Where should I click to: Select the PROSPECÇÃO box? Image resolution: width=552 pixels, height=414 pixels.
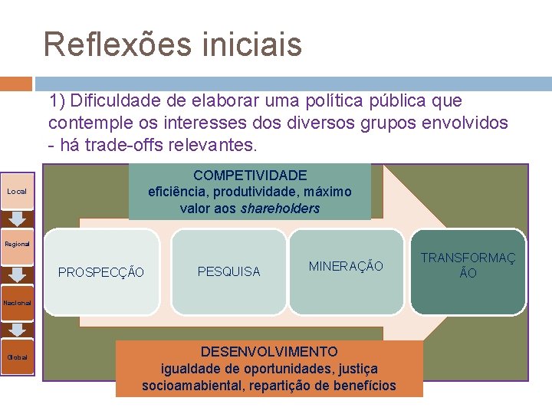click(101, 271)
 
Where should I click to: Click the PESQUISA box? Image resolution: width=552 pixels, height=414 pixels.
click(228, 271)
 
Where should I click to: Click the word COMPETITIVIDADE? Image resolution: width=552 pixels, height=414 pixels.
click(250, 176)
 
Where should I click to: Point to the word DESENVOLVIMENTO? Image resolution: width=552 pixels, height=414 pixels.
click(268, 352)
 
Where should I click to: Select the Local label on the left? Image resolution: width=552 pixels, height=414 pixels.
click(16, 191)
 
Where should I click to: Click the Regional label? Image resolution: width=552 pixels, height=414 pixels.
click(17, 244)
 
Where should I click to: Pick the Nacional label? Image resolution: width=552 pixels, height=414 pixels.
click(17, 303)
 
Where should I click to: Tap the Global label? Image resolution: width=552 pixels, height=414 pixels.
click(17, 357)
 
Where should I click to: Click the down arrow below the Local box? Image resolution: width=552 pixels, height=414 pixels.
click(17, 219)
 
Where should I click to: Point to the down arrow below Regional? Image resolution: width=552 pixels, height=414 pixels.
click(17, 273)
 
